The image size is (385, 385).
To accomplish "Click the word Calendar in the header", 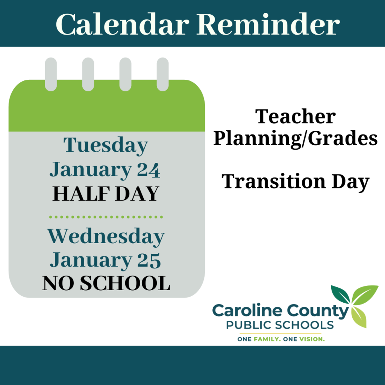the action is click(122, 24).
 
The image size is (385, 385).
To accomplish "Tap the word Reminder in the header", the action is click(268, 24).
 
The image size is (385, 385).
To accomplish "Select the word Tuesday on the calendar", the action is click(106, 146).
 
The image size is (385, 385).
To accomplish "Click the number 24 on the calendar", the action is click(149, 170).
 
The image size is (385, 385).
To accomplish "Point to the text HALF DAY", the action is click(106, 194).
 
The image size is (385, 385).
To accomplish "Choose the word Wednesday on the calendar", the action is click(106, 236).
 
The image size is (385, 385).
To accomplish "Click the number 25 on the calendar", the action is click(149, 261).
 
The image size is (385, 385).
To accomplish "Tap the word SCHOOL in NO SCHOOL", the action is click(125, 283).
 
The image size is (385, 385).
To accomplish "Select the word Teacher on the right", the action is click(296, 117).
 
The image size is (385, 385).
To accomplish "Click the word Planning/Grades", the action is click(296, 139).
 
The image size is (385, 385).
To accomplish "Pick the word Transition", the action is click(274, 181).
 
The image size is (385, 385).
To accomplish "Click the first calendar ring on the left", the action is click(51, 74).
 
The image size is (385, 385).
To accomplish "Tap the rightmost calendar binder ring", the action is click(162, 74).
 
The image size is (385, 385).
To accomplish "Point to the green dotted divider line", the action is click(106, 217).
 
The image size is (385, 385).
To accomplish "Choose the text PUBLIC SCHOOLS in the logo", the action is click(280, 325).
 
